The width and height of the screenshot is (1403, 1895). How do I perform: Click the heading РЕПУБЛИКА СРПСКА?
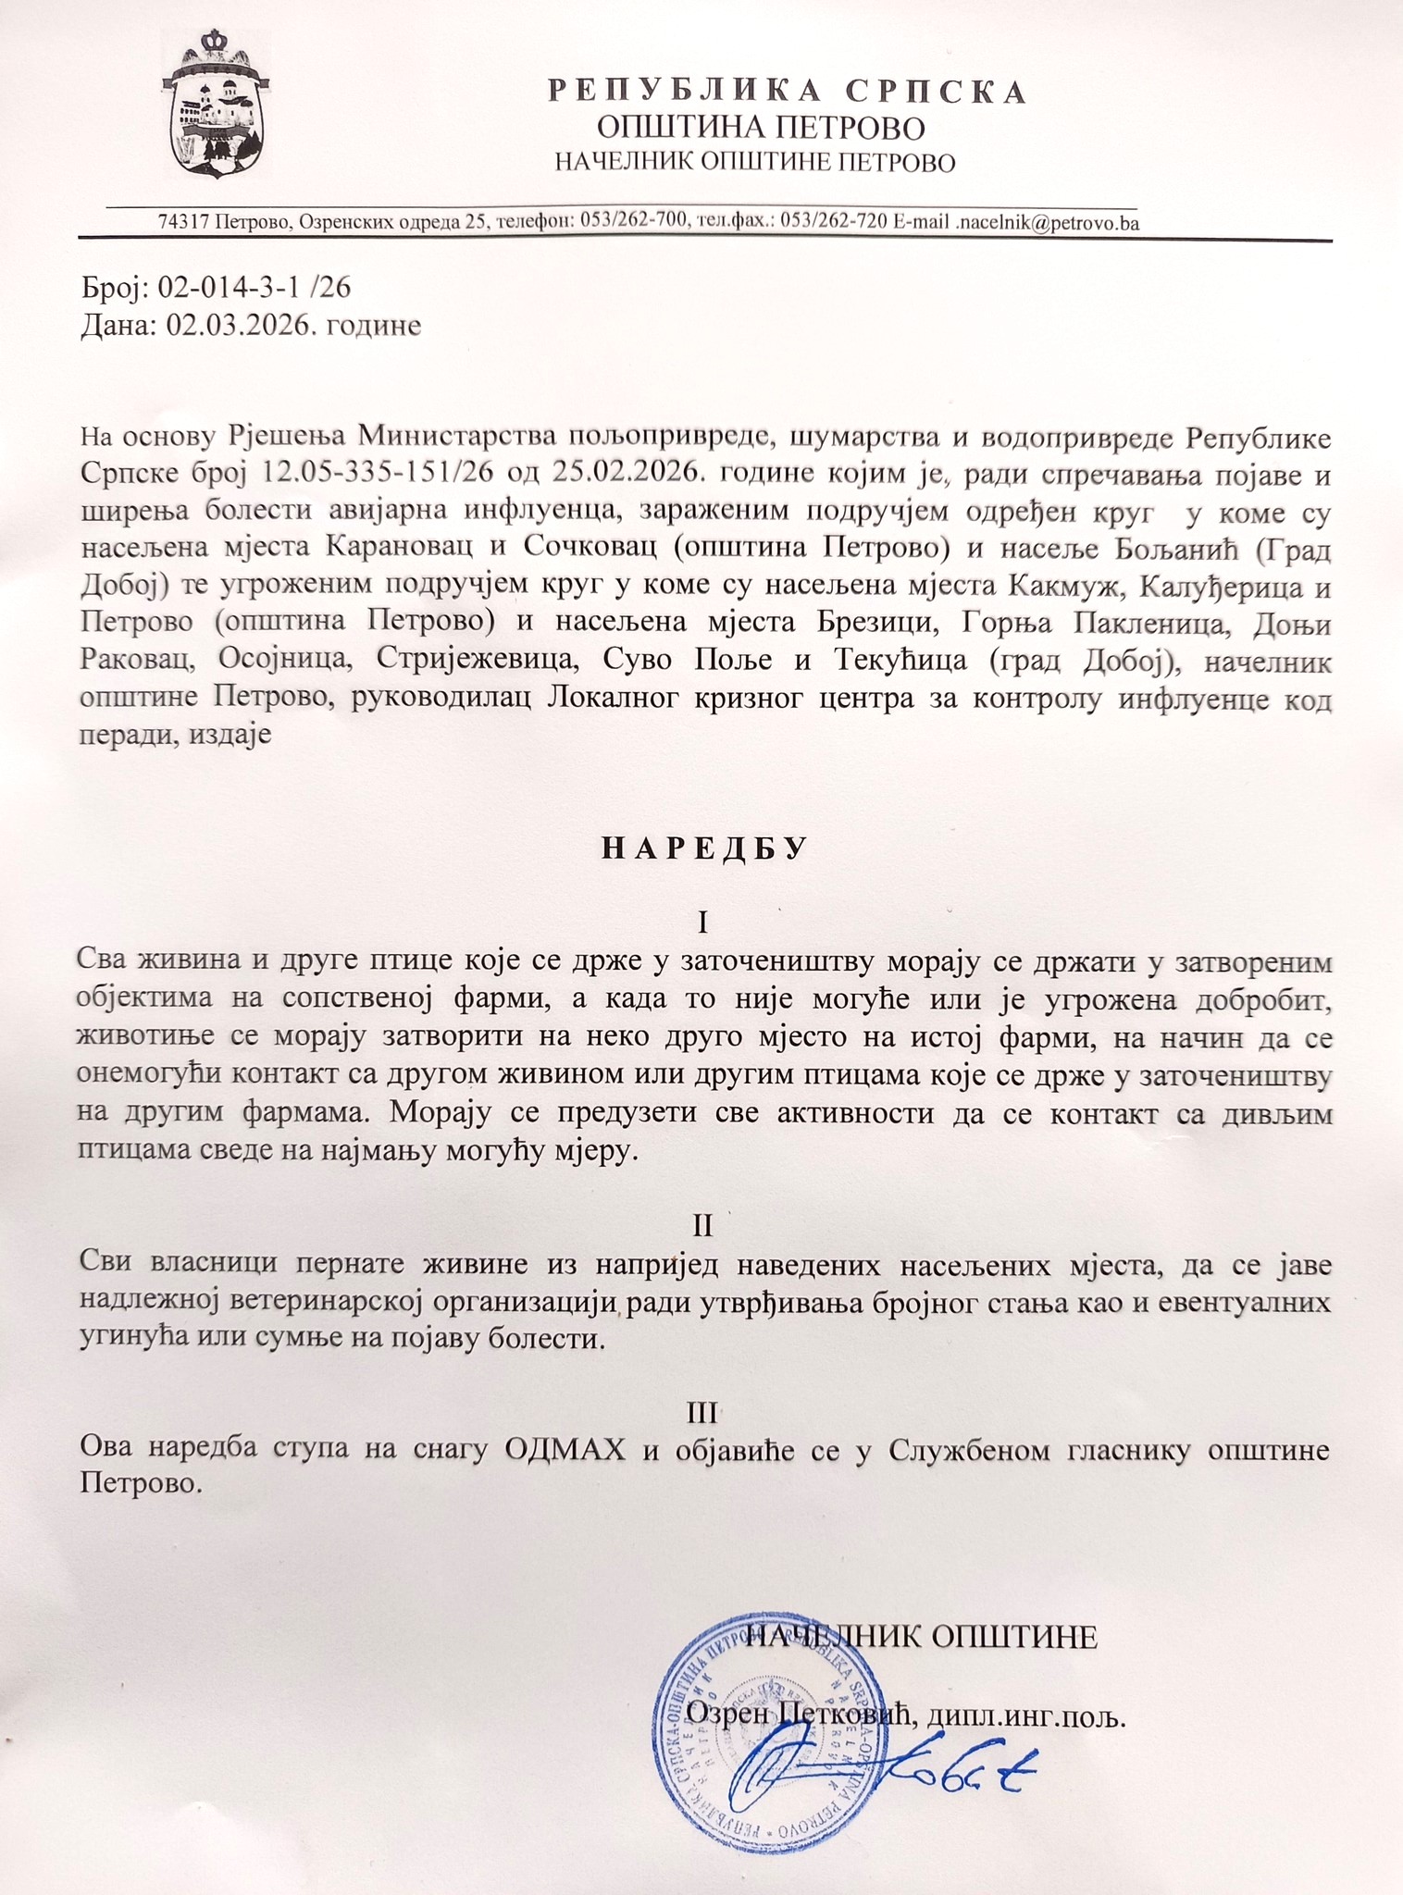click(x=787, y=92)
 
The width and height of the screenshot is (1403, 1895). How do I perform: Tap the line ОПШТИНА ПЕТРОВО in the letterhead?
click(x=761, y=128)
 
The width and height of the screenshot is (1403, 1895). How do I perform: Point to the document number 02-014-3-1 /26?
click(x=255, y=288)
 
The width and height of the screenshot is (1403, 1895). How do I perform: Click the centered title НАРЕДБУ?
click(x=705, y=848)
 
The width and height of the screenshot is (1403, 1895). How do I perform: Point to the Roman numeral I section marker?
click(x=703, y=923)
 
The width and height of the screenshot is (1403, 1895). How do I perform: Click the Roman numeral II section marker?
click(x=703, y=1226)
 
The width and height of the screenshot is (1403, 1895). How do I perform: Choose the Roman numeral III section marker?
click(x=703, y=1413)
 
